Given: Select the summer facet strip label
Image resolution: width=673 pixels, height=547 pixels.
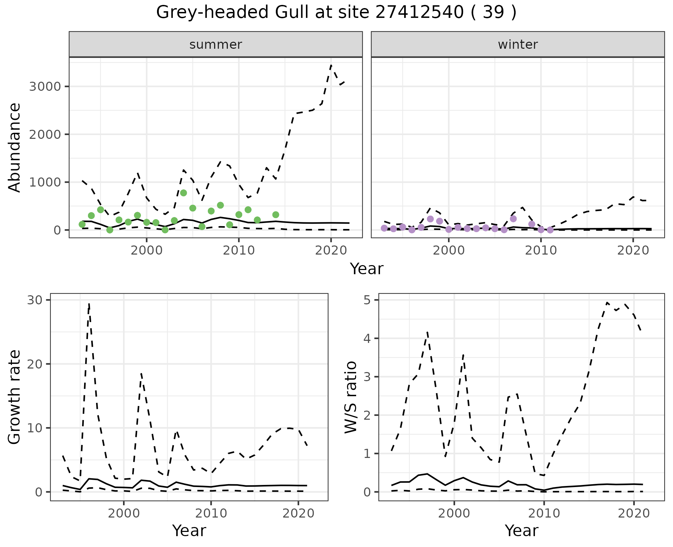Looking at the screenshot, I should (x=216, y=45).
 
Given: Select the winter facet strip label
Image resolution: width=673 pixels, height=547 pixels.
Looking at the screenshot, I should (x=518, y=45).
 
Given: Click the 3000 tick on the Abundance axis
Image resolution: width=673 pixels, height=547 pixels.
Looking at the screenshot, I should (x=45, y=87).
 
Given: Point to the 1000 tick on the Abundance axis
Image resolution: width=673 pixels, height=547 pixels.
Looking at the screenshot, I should (x=45, y=182).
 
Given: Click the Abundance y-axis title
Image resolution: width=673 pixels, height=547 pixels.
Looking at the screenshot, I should (x=15, y=147).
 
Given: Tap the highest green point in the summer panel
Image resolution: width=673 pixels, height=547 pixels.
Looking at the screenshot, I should (x=183, y=193).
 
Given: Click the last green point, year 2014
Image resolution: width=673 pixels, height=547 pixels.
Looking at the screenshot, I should (x=276, y=215).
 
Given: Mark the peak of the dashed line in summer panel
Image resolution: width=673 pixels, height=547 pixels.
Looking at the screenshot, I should (x=331, y=65).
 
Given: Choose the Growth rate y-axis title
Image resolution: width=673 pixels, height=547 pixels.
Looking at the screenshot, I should (x=15, y=397).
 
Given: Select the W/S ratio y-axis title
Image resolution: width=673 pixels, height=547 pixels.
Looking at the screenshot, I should (x=351, y=397).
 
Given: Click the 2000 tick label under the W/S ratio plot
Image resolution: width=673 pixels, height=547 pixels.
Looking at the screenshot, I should (x=454, y=514).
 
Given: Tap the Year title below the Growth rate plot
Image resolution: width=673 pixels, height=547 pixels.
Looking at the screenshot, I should (x=189, y=531).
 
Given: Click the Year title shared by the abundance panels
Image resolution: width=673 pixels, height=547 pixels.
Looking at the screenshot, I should (x=367, y=269).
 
